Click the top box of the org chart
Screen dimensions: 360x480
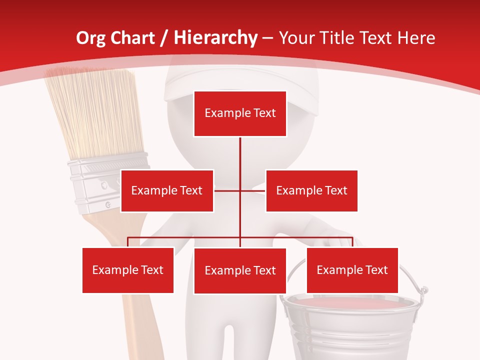240,113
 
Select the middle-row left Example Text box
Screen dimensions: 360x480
167,190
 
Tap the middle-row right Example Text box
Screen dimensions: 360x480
311,190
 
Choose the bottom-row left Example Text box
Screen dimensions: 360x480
128,270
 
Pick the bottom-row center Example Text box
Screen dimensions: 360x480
240,270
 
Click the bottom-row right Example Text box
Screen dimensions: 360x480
352,270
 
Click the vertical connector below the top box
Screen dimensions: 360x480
240,155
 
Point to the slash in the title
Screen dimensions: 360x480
163,38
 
